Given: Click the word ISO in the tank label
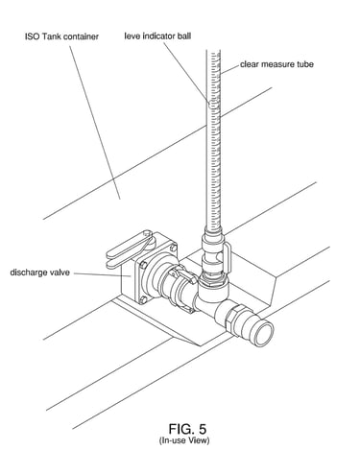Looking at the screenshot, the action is tap(33, 36).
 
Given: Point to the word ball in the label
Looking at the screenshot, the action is tap(183, 36).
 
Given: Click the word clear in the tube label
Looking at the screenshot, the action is tap(250, 64).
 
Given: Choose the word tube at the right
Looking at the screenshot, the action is tap(304, 64).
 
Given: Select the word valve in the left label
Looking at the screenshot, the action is tap(60, 273).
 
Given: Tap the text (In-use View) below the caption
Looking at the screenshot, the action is tap(184, 440).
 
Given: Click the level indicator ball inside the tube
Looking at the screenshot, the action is tap(213, 104).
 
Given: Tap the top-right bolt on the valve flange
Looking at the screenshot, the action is tap(173, 248).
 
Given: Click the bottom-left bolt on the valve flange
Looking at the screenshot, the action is tap(143, 300).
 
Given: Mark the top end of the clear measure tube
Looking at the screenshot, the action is tap(213, 51).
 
